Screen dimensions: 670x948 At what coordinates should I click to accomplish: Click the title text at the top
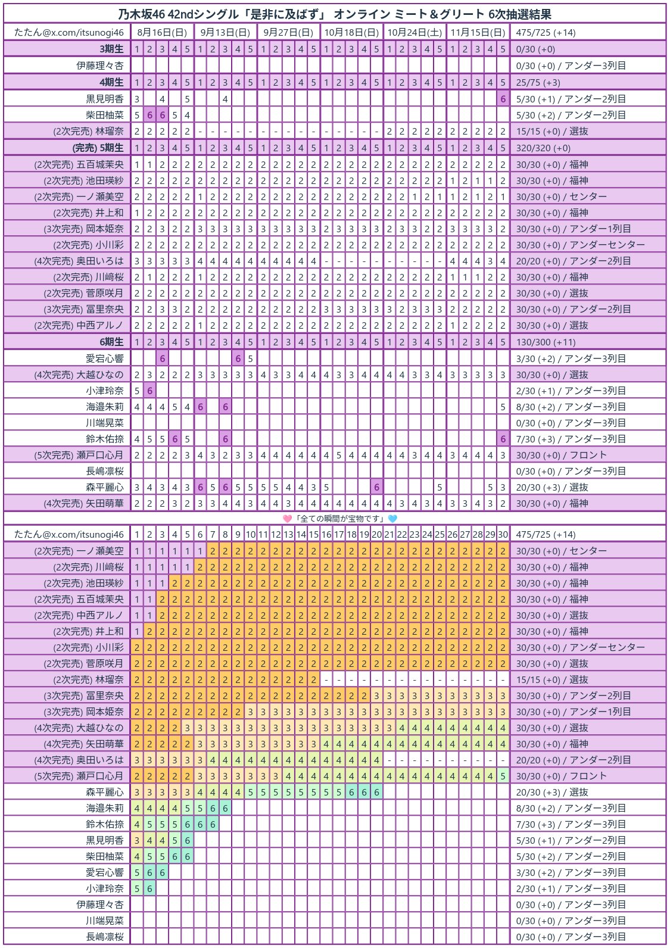click(334, 14)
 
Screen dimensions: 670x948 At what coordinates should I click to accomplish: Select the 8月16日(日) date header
click(162, 33)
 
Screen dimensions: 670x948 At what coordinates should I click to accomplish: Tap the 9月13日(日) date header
click(225, 33)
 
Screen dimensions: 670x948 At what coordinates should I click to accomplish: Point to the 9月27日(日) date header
click(288, 33)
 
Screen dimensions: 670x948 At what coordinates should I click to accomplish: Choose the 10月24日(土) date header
click(415, 33)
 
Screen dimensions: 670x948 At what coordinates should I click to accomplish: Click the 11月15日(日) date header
click(478, 33)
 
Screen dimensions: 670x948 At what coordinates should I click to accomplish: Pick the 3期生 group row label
click(112, 49)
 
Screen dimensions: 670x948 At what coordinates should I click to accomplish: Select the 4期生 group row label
click(112, 83)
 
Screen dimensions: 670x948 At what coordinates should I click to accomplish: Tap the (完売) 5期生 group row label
click(98, 148)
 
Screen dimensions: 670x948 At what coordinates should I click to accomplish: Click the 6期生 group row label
click(112, 342)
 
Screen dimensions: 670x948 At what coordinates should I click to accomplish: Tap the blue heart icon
click(392, 519)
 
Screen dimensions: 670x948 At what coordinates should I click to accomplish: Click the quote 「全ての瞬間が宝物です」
click(340, 519)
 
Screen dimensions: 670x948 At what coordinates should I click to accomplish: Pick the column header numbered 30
click(503, 535)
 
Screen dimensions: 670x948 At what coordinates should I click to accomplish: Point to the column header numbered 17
click(339, 535)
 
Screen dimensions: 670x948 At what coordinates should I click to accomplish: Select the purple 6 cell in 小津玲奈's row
click(149, 391)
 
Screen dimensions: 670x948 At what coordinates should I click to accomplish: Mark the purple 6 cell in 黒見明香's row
click(503, 99)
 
